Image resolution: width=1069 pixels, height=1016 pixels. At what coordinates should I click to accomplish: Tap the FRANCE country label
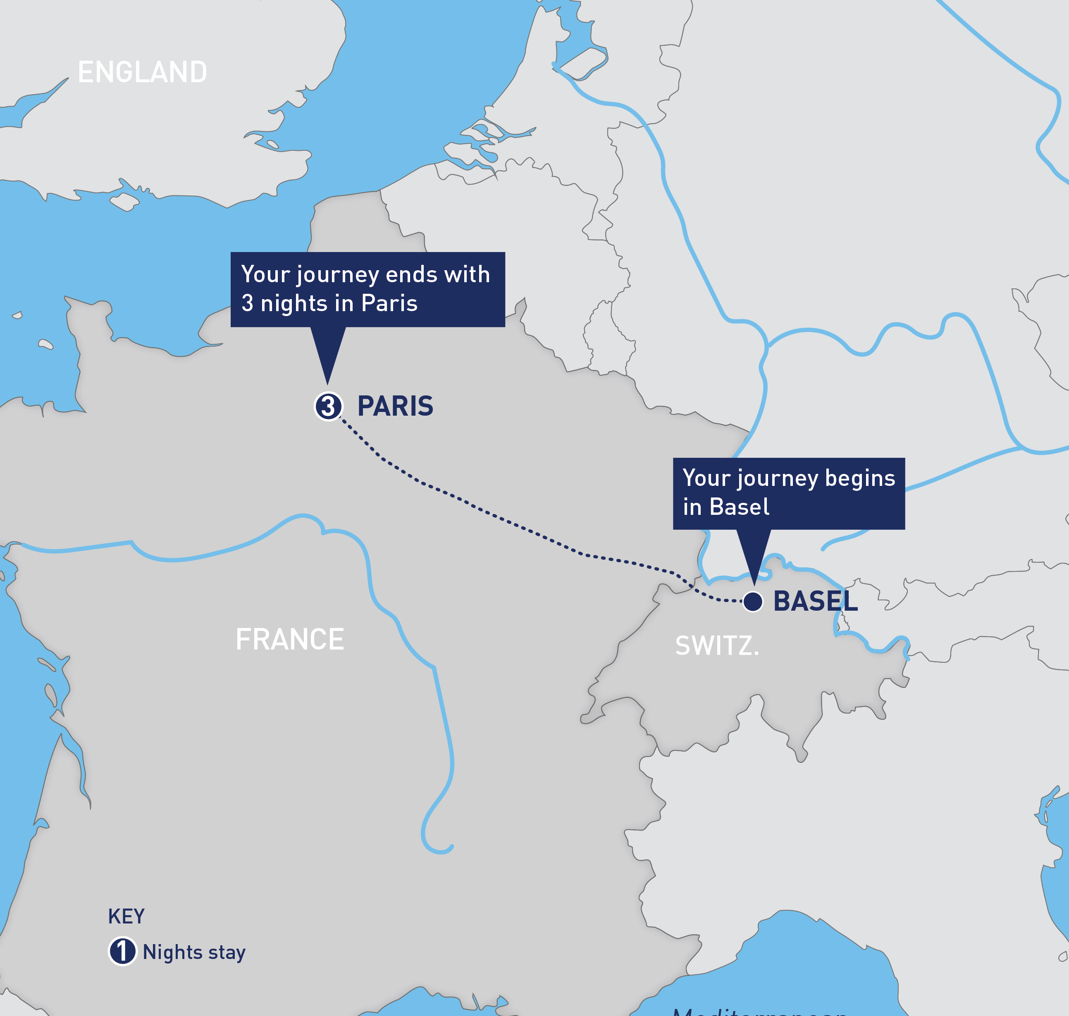pyautogui.click(x=289, y=639)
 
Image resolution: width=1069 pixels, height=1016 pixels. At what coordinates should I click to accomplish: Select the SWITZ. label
pyautogui.click(x=717, y=645)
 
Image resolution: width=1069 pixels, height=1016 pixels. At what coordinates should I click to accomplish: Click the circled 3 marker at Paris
pyautogui.click(x=328, y=406)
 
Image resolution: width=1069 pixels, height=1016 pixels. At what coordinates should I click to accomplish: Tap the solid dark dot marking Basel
pyautogui.click(x=753, y=601)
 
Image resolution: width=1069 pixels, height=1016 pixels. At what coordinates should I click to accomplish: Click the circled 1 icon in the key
pyautogui.click(x=122, y=952)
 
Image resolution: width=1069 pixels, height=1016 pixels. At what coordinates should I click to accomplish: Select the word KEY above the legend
pyautogui.click(x=126, y=916)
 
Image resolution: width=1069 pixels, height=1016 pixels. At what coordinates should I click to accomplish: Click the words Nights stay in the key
pyautogui.click(x=194, y=952)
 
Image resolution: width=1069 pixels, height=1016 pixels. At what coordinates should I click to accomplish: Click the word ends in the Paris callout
pyautogui.click(x=409, y=275)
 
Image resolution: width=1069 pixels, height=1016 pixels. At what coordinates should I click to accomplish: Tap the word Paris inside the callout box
pyautogui.click(x=389, y=303)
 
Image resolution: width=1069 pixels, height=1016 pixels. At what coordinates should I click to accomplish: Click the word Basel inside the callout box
pyautogui.click(x=739, y=507)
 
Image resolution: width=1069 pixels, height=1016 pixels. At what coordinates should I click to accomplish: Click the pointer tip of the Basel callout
pyautogui.click(x=754, y=583)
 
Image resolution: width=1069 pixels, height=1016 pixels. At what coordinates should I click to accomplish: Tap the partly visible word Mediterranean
pyautogui.click(x=759, y=1011)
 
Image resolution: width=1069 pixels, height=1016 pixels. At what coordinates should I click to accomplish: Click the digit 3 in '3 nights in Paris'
pyautogui.click(x=247, y=303)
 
